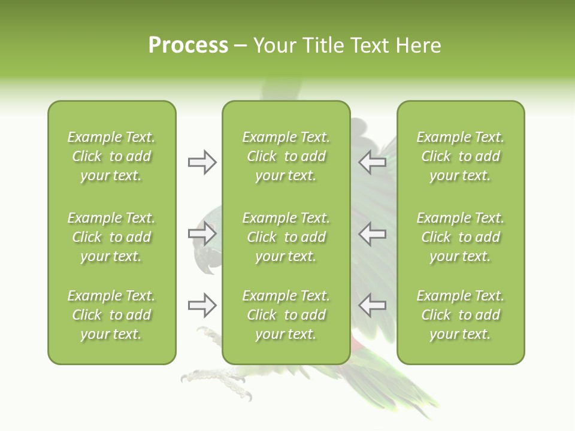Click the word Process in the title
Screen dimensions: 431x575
click(x=188, y=45)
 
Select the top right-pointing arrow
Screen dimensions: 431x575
click(x=202, y=162)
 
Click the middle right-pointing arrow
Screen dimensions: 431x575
click(x=202, y=233)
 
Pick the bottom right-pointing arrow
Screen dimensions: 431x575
click(x=202, y=305)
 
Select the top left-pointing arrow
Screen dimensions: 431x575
click(x=372, y=162)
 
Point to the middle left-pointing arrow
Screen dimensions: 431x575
click(x=372, y=233)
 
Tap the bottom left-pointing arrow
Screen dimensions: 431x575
click(x=372, y=305)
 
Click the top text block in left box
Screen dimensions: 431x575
click(x=111, y=156)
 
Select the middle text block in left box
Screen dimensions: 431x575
click(x=111, y=237)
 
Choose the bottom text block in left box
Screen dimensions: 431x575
click(x=111, y=315)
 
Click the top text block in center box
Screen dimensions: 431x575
click(x=286, y=156)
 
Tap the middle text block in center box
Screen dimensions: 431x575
click(x=286, y=237)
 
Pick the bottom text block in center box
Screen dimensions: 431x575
click(x=286, y=315)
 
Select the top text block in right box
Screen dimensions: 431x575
click(x=460, y=156)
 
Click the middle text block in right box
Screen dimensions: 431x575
click(x=460, y=237)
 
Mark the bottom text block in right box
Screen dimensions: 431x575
click(x=460, y=315)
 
